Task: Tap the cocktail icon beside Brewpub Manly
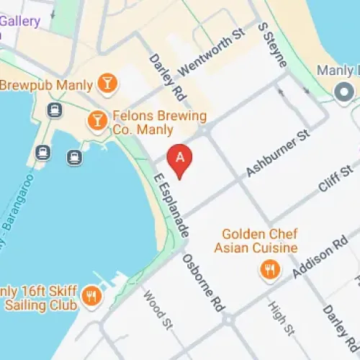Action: (107, 84)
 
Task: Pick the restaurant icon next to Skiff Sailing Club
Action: (91, 295)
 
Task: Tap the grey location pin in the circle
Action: (343, 92)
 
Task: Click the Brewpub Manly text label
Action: (46, 85)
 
